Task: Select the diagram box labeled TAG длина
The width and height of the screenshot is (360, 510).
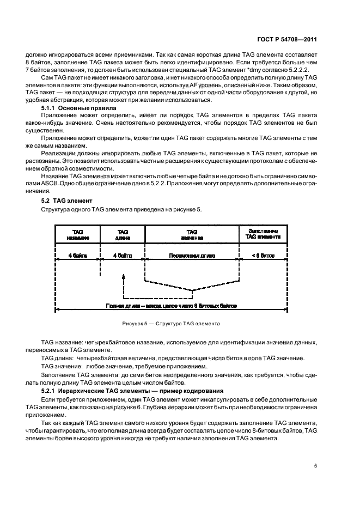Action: click(123, 234)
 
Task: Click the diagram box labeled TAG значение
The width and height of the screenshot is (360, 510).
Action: click(192, 234)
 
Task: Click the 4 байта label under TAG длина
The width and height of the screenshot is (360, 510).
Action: click(123, 255)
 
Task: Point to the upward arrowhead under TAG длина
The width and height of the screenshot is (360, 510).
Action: click(124, 277)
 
